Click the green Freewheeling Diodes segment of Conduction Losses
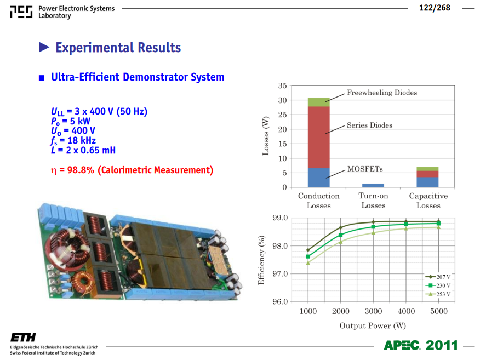(x=319, y=102)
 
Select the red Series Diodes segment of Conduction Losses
(x=319, y=137)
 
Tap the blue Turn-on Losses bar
(x=373, y=186)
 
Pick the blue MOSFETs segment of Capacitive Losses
(x=427, y=182)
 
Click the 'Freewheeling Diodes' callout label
(x=382, y=93)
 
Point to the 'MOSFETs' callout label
(x=365, y=169)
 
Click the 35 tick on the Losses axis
(x=282, y=85)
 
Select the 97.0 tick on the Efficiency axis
(x=280, y=273)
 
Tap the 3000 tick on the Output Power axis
(x=373, y=311)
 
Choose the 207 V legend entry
(x=438, y=277)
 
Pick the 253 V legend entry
(x=438, y=294)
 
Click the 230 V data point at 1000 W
(x=308, y=256)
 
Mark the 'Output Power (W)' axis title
(x=373, y=325)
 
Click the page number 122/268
(x=435, y=8)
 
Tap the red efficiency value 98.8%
(x=81, y=170)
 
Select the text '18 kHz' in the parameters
(x=82, y=140)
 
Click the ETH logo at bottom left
(x=23, y=338)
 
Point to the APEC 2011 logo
(x=421, y=345)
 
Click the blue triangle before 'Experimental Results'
(x=44, y=47)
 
